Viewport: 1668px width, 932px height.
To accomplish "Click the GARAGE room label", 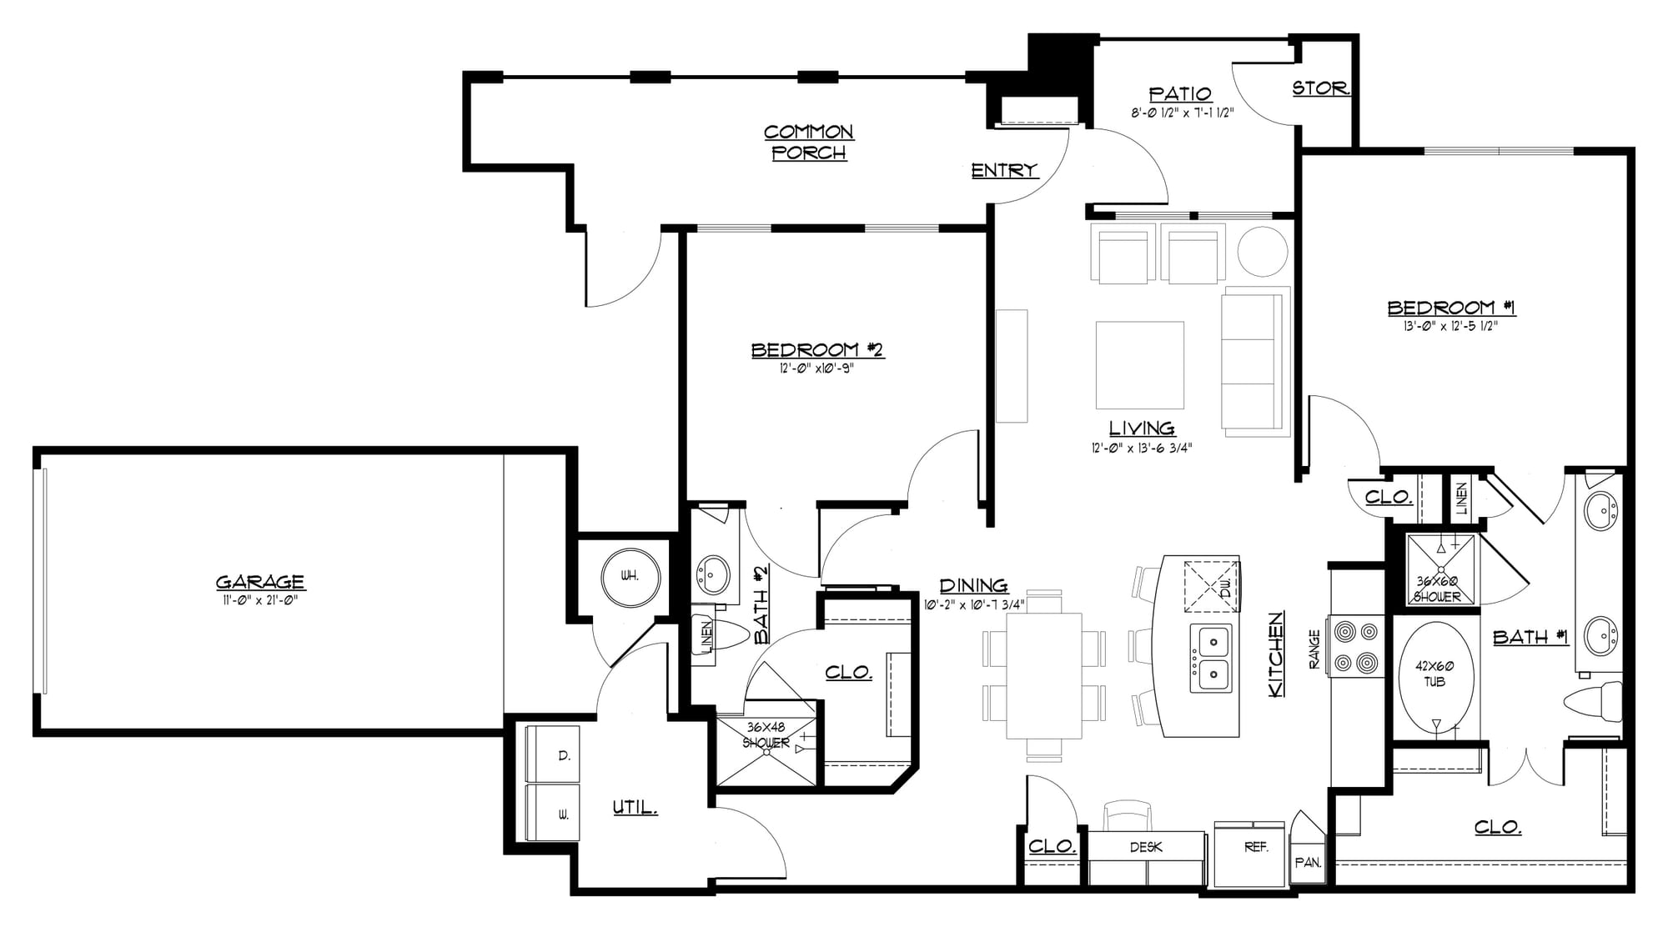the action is pyautogui.click(x=260, y=582).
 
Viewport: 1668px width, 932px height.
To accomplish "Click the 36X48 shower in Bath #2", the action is pyautogui.click(x=766, y=749).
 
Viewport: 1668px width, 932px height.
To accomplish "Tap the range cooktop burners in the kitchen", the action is pyautogui.click(x=1356, y=646).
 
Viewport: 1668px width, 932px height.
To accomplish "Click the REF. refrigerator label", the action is pyautogui.click(x=1256, y=847).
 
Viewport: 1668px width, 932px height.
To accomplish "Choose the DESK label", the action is pyautogui.click(x=1146, y=847).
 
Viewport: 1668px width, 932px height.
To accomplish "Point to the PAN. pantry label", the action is pyautogui.click(x=1308, y=863).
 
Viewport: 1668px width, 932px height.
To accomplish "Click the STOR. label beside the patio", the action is pyautogui.click(x=1321, y=88).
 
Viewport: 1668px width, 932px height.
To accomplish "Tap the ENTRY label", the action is pyautogui.click(x=1004, y=170).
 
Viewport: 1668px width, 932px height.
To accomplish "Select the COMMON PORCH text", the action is pyautogui.click(x=809, y=142).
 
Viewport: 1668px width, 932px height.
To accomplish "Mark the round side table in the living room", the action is pyautogui.click(x=1262, y=251).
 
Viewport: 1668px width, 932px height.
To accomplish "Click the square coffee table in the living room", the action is pyautogui.click(x=1140, y=364).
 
